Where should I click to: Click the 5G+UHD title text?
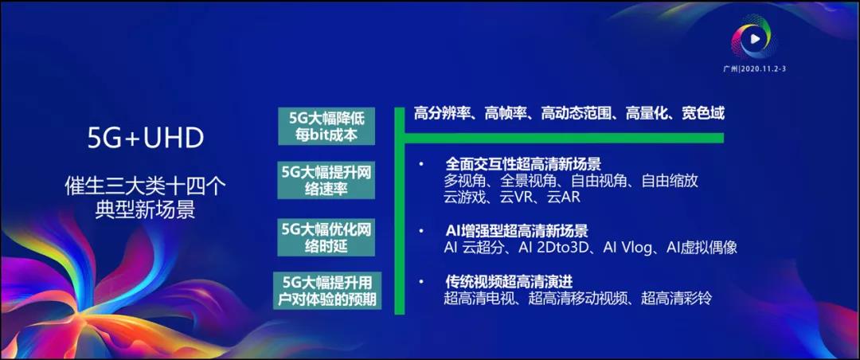click(x=146, y=139)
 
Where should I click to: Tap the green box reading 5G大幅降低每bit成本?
click(x=326, y=126)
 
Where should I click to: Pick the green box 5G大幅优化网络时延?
click(x=326, y=237)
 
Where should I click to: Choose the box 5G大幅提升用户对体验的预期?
click(x=327, y=291)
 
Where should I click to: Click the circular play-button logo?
click(x=754, y=38)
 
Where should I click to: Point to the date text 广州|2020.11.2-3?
click(x=755, y=68)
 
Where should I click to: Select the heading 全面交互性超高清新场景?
click(x=523, y=164)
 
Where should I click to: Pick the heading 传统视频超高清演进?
click(x=509, y=282)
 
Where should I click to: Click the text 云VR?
click(x=516, y=197)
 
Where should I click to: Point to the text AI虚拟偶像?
click(x=702, y=248)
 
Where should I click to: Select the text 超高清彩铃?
click(x=676, y=298)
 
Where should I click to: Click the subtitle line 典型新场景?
click(x=146, y=211)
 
